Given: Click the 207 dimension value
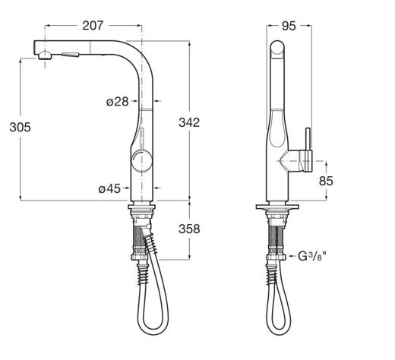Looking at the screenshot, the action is [93, 25].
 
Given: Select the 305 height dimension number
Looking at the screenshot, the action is [20, 127].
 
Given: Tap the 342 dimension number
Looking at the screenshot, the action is [189, 122].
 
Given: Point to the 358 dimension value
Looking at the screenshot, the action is [189, 229].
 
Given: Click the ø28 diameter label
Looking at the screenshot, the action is [118, 102].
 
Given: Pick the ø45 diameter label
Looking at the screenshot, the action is [109, 188].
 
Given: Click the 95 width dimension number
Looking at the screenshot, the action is [289, 26].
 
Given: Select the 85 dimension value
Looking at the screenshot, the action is [326, 181].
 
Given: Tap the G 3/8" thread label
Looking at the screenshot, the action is [311, 257].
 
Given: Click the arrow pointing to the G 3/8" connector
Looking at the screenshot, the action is [292, 257].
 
